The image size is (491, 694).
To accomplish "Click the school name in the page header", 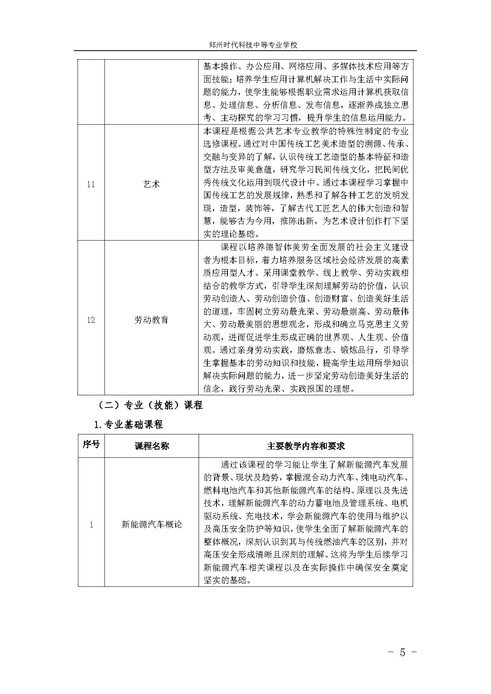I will (252, 45).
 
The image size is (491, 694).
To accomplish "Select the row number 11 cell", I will (91, 184).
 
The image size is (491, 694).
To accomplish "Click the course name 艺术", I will (152, 184).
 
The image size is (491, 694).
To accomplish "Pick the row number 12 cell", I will (91, 320).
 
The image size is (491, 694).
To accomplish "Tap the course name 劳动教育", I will (152, 320).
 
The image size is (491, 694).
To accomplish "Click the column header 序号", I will (91, 444).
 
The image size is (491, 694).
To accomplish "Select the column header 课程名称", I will (152, 446).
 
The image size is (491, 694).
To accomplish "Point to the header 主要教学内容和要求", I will (306, 446).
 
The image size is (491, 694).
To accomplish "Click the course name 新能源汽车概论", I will (152, 525).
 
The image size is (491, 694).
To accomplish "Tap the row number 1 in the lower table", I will (91, 525).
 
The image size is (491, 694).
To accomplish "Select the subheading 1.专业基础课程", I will (129, 425).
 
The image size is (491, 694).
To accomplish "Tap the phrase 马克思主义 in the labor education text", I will (375, 324).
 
